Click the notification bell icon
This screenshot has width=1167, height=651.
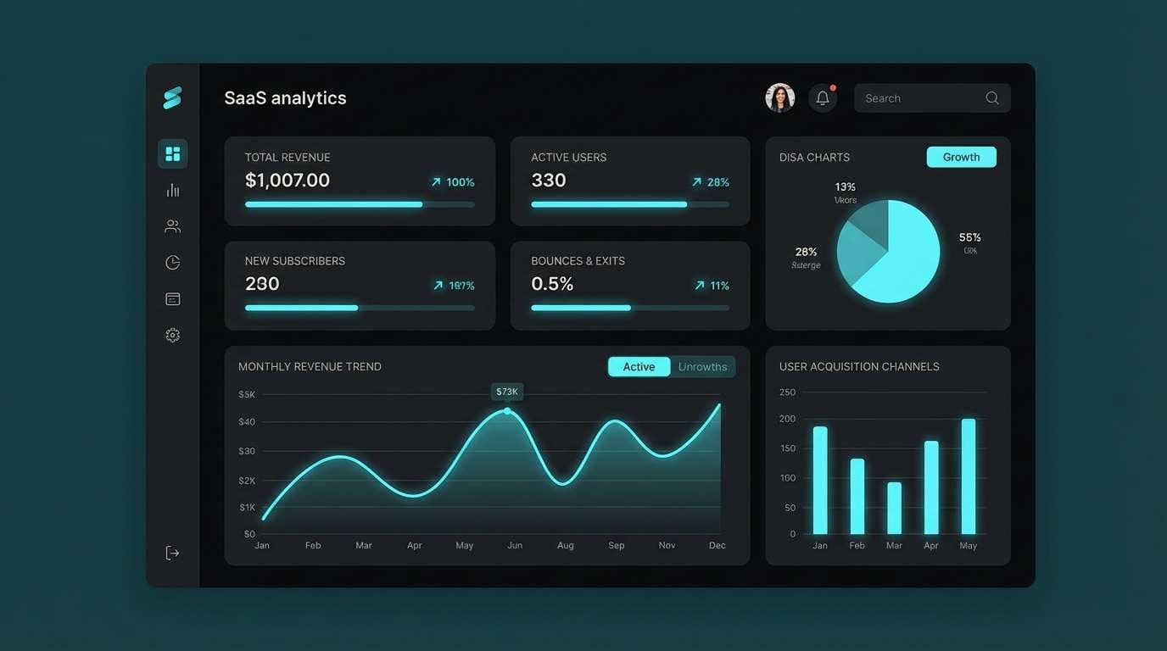point(822,98)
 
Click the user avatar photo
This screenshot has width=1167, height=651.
point(779,98)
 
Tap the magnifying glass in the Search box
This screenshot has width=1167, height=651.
point(992,98)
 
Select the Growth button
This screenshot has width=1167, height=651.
point(961,157)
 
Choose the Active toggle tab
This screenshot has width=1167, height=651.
point(639,367)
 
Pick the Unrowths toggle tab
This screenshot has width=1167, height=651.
point(702,367)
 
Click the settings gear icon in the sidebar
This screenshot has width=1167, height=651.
point(173,335)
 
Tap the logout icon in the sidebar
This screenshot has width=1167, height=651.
point(172,554)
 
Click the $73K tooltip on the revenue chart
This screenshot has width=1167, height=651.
point(507,392)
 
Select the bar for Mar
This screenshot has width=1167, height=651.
point(894,508)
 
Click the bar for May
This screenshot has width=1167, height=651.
point(969,476)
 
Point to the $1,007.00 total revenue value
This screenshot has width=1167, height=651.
point(288,181)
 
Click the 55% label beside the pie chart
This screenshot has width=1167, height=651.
point(970,238)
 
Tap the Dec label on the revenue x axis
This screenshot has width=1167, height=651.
point(718,546)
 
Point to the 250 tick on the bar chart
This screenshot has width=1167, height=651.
point(787,392)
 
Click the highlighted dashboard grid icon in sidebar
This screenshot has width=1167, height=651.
point(173,153)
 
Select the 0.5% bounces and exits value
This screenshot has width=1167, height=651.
point(552,284)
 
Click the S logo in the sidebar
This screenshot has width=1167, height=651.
point(172,97)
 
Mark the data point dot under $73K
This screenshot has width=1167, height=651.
point(507,411)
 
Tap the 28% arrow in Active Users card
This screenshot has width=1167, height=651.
point(696,182)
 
